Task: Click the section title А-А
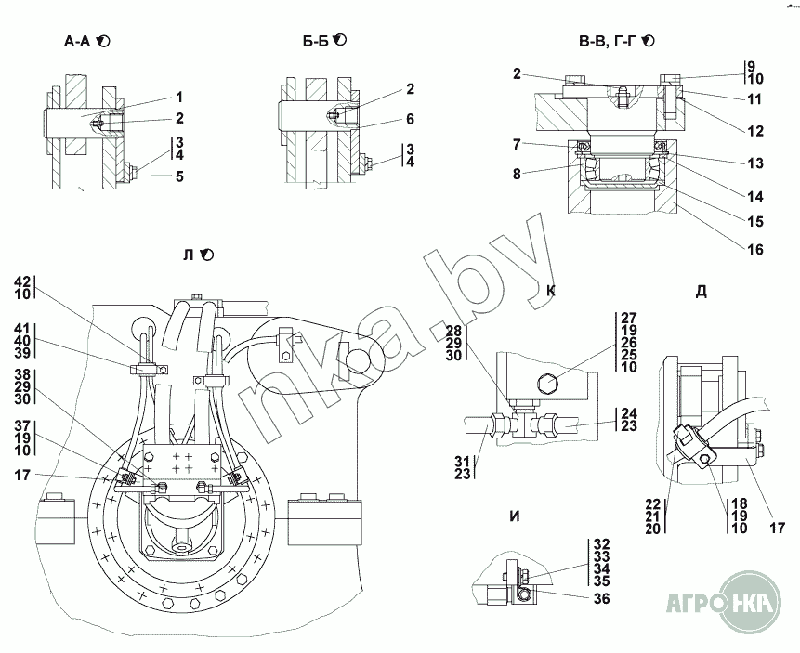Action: point(77,41)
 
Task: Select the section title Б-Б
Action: point(315,41)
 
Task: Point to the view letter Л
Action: point(189,255)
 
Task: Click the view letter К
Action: point(551,291)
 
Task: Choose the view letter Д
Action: point(701,292)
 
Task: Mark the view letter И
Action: point(516,516)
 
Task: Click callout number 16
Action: point(755,250)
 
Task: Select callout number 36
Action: point(602,598)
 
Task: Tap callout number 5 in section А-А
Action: point(179,176)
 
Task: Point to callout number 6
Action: point(410,119)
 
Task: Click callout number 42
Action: point(22,281)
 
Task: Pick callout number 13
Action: point(755,163)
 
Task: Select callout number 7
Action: point(517,144)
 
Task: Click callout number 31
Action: point(463,461)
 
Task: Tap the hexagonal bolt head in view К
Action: point(546,383)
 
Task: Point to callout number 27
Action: point(629,318)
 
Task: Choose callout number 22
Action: point(653,504)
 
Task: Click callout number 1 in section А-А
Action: point(179,97)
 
